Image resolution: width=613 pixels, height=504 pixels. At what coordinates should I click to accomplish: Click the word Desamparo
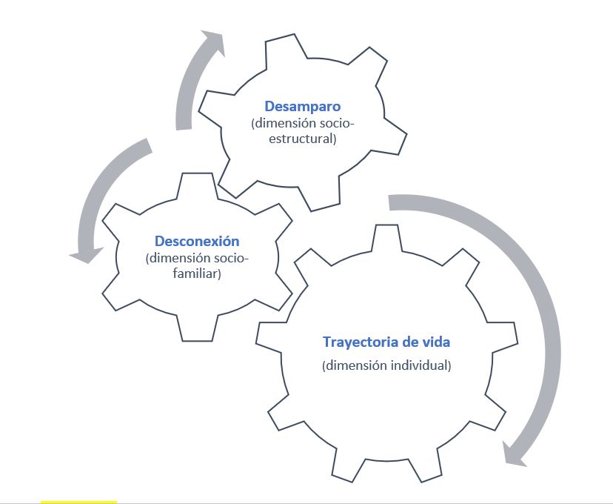(x=302, y=107)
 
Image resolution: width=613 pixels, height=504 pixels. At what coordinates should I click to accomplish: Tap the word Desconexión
(x=197, y=242)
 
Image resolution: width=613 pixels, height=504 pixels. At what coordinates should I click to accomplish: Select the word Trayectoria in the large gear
(x=358, y=342)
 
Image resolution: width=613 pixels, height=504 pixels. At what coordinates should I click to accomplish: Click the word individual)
(x=419, y=365)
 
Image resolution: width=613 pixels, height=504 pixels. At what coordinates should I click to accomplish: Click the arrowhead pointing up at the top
(x=212, y=42)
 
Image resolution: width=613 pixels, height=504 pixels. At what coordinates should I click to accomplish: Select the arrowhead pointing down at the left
(x=84, y=253)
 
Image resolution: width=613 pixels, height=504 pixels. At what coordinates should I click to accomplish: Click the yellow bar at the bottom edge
(x=78, y=502)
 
